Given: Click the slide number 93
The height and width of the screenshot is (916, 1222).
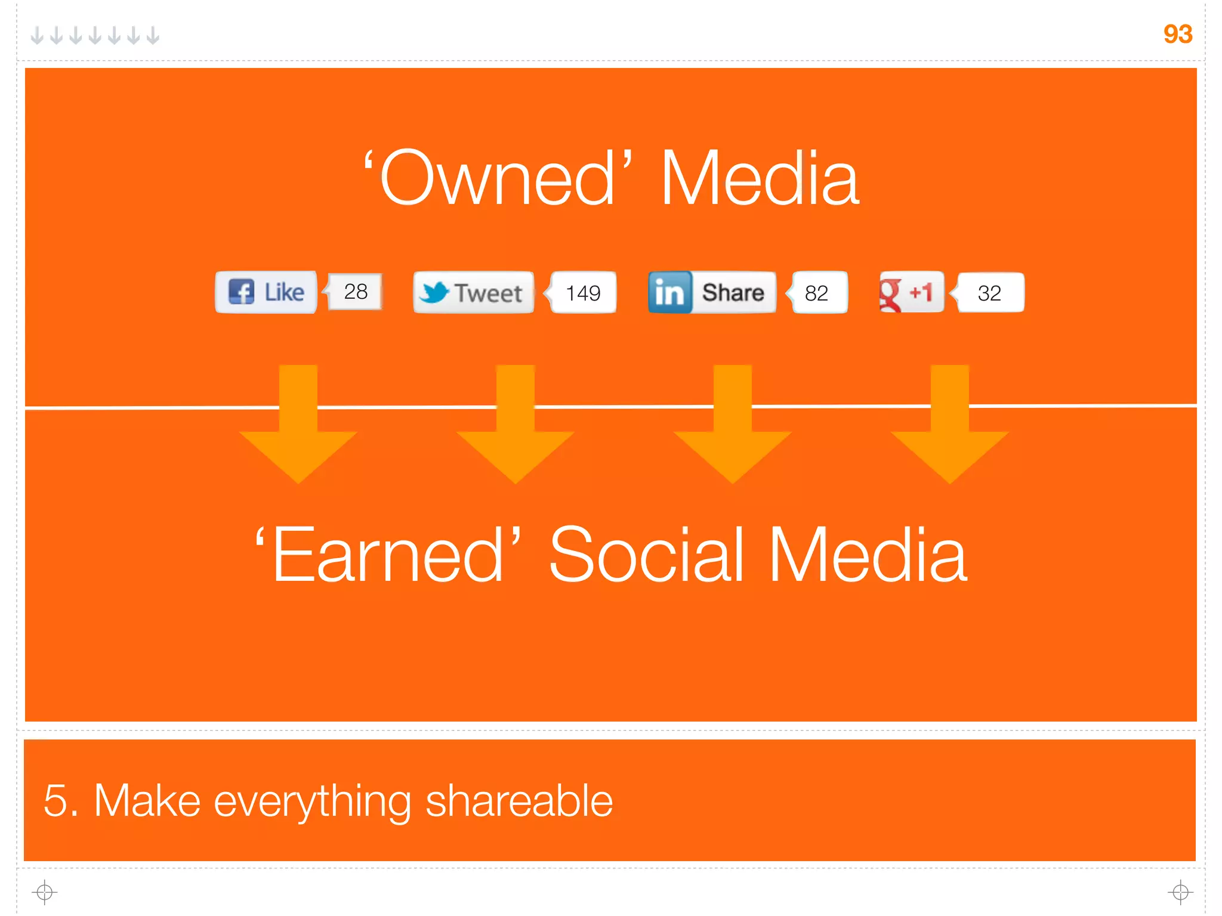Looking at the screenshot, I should [1177, 34].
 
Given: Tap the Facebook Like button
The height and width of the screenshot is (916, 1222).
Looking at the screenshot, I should [266, 292].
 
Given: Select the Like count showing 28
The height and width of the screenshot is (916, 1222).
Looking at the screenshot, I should [356, 292].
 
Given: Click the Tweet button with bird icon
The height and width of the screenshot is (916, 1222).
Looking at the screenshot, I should [473, 293].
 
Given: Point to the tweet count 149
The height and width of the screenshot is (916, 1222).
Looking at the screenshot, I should [583, 293].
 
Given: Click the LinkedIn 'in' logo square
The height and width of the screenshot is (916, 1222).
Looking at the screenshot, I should [669, 293].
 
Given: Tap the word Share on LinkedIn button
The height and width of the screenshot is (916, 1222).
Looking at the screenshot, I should [733, 293].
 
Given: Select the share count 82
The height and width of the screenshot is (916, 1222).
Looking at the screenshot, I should [817, 293].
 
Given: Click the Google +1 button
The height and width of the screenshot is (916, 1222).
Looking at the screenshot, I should [911, 292].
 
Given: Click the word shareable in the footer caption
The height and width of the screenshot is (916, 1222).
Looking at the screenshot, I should [519, 801].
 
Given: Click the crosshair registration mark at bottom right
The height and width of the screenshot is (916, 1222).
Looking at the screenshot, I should [1180, 892].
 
